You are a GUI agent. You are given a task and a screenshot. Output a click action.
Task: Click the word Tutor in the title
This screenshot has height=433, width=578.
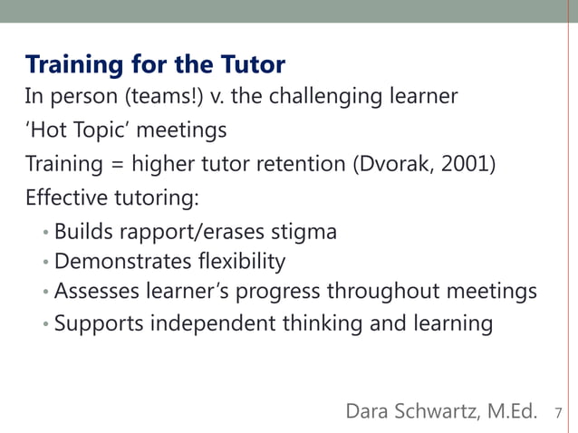pos(252,65)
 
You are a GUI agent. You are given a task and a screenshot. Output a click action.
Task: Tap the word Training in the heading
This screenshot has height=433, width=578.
pos(72,65)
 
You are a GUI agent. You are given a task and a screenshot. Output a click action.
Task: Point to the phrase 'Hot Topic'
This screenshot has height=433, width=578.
pos(78,130)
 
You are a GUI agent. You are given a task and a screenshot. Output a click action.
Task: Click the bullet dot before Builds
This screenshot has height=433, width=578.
pos(46,234)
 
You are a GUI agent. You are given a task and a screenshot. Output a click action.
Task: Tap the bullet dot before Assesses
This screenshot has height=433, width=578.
pos(46,293)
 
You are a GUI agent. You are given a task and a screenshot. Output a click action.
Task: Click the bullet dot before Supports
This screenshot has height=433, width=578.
pos(46,324)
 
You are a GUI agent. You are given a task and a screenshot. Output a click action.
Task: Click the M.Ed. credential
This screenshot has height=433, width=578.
pos(511,411)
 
